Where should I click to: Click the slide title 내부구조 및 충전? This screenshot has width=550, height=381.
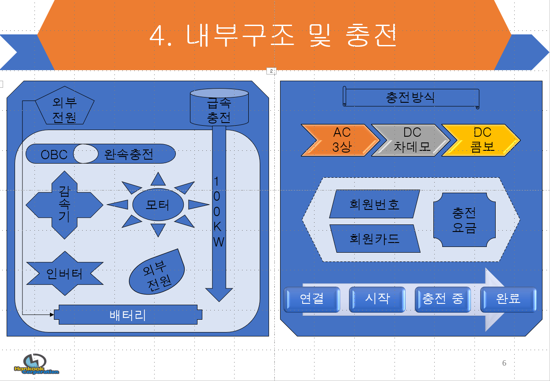click(273, 35)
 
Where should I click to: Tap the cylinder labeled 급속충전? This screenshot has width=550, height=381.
click(219, 108)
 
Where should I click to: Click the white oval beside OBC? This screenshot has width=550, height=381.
click(86, 154)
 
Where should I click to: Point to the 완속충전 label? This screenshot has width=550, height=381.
click(129, 154)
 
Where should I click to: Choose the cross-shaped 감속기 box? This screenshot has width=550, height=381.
click(64, 205)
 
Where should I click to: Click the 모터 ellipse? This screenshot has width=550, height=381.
click(158, 205)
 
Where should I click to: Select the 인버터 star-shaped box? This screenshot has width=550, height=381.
click(64, 274)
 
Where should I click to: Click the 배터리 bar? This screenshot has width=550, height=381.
click(128, 315)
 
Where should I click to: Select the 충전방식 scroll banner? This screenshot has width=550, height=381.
click(411, 97)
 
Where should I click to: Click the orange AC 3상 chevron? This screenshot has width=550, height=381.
click(340, 140)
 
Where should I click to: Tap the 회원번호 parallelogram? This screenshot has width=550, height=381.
click(374, 204)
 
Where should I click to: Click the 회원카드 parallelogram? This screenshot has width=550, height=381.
click(374, 239)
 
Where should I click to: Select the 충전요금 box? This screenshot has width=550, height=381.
click(464, 220)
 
